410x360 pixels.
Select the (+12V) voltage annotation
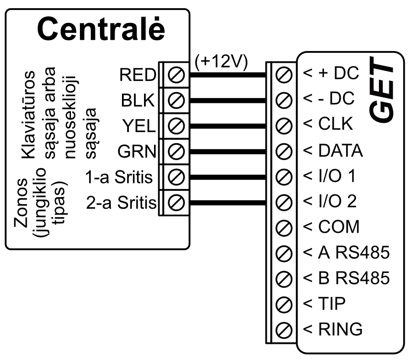(221, 62)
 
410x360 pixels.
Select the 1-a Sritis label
(119, 177)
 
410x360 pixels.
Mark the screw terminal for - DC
(282, 100)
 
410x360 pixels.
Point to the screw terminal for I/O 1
(282, 177)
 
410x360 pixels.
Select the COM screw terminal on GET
(282, 227)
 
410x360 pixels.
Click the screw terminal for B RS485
(282, 278)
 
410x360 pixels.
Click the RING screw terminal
(282, 329)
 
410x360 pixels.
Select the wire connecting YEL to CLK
(227, 126)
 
